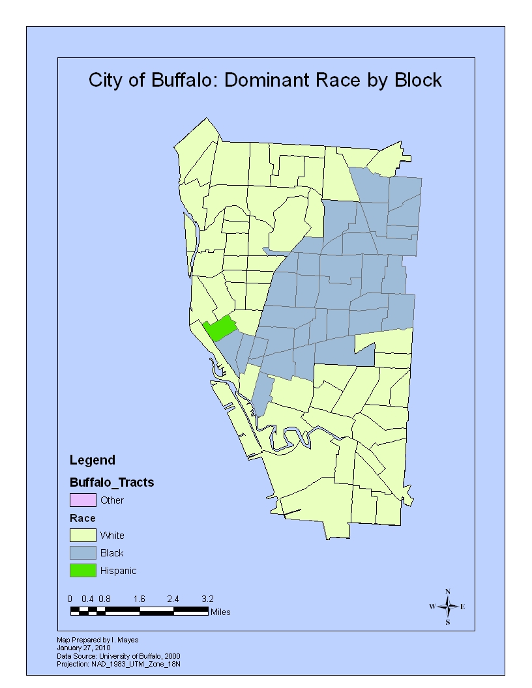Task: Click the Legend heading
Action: (x=92, y=460)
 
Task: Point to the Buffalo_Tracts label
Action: (x=111, y=483)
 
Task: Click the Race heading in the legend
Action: (x=83, y=519)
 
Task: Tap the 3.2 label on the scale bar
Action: (x=207, y=598)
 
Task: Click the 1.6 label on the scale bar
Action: (x=139, y=598)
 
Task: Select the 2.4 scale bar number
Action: (x=173, y=598)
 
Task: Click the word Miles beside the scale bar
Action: (x=220, y=612)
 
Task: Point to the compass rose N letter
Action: (x=448, y=592)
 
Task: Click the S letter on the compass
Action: (x=448, y=622)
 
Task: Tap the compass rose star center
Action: (x=448, y=607)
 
